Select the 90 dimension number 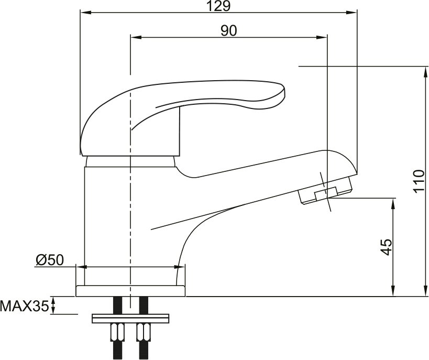229,31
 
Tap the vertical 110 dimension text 419,181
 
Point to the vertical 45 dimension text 387,247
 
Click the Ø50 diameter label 50,260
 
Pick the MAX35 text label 24,306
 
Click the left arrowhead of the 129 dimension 85,13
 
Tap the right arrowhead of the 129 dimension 351,13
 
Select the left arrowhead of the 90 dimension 136,37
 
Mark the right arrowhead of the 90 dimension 322,37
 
